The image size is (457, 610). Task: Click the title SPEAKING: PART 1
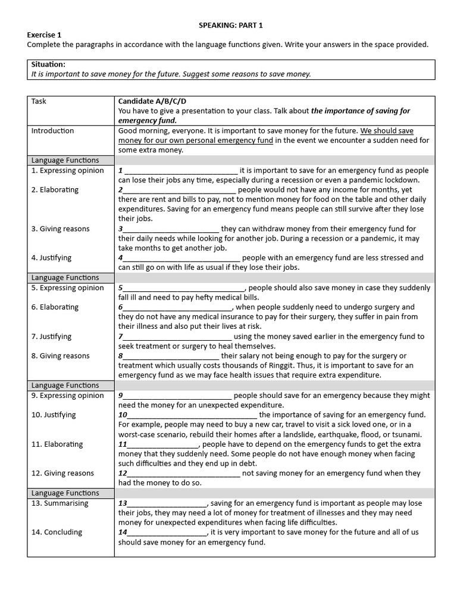tap(230, 25)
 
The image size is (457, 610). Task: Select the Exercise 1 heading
tap(44, 35)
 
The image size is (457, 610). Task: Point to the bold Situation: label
tap(48, 64)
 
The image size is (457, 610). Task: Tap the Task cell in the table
tap(39, 101)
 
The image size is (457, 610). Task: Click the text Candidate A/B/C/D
tap(156, 101)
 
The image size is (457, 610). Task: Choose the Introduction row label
tap(52, 131)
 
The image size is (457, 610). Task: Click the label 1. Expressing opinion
tap(67, 170)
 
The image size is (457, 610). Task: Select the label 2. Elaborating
tap(55, 190)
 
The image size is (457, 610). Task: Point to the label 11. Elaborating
tap(57, 444)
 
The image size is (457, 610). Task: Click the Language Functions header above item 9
tap(65, 385)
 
